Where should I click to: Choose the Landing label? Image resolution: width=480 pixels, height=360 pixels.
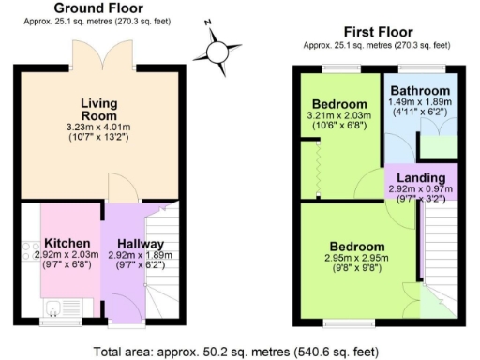420,178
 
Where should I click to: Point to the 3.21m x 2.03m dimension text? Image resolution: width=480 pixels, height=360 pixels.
339,116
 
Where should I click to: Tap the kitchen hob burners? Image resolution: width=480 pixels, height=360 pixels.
28,251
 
